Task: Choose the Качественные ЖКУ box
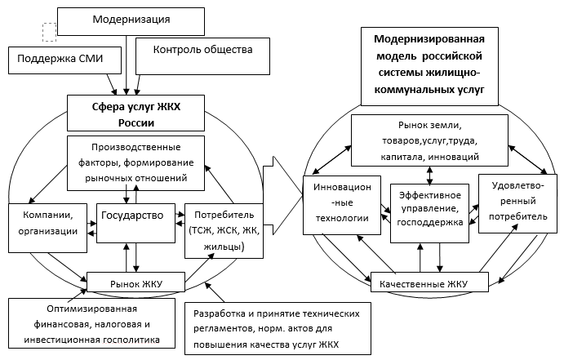(x=430, y=284)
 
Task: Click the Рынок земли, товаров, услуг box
(x=429, y=140)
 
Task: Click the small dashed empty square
(x=49, y=31)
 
